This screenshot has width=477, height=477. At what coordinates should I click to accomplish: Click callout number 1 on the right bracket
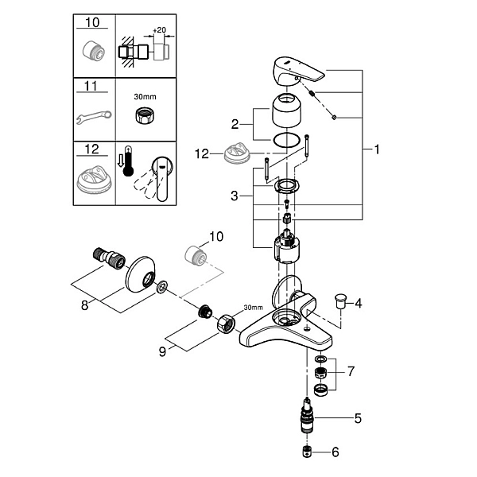(x=377, y=149)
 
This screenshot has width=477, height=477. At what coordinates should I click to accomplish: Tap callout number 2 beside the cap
(x=235, y=124)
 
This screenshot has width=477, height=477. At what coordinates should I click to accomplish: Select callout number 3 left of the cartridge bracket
(x=235, y=196)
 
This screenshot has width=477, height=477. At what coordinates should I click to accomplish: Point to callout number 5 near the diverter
(x=358, y=419)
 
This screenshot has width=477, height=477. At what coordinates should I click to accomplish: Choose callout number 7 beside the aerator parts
(x=351, y=371)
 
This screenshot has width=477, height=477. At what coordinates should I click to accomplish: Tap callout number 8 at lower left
(x=84, y=304)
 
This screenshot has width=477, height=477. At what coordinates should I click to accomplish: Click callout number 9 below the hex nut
(x=163, y=351)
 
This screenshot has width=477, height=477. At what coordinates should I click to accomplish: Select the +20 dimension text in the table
(x=160, y=30)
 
